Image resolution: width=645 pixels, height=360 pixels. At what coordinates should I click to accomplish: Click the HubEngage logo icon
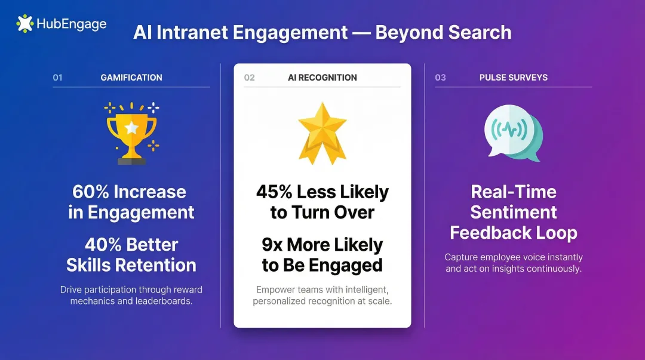point(25,24)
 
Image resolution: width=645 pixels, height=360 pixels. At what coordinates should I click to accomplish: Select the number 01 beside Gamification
point(57,78)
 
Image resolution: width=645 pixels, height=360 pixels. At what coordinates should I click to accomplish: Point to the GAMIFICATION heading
point(131,78)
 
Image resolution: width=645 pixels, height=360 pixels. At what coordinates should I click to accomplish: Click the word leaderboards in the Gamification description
point(164,301)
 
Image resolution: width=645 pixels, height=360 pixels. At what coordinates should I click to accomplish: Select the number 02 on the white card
point(249,78)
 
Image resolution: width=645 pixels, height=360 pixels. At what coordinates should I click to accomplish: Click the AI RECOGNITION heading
point(322,78)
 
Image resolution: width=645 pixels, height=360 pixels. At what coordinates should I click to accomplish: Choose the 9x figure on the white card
point(273,245)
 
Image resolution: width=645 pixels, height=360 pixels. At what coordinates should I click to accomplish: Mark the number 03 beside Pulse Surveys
point(440,78)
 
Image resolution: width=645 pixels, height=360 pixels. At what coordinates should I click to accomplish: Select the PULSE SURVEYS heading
point(514,78)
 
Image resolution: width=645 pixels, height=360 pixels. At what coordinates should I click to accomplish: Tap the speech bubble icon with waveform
point(512,133)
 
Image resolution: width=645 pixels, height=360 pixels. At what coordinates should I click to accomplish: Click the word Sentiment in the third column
point(514,212)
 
